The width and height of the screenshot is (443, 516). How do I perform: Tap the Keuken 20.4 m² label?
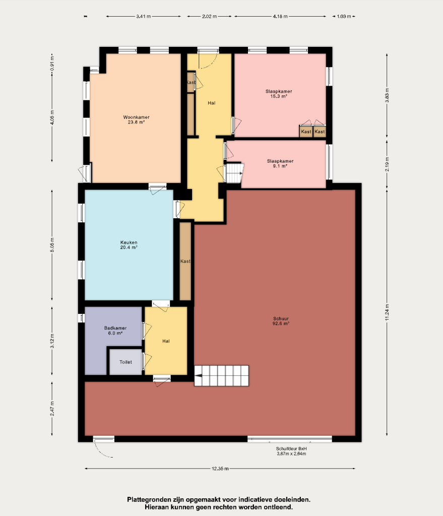[129, 245]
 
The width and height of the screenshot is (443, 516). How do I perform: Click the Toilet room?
[125, 362]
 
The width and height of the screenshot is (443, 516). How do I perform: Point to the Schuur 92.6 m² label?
[281, 321]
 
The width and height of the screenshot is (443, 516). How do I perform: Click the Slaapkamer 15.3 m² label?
[279, 94]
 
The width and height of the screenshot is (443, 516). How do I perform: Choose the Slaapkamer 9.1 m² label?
[280, 164]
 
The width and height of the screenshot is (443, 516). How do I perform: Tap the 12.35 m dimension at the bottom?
[220, 469]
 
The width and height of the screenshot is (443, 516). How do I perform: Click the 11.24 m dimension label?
[387, 312]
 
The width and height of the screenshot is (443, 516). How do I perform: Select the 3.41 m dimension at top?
[144, 16]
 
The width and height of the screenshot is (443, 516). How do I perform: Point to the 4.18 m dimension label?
[280, 16]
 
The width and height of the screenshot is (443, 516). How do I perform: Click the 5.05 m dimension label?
[52, 245]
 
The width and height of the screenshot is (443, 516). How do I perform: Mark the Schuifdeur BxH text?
[291, 448]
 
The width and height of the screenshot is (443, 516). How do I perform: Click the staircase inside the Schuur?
[222, 375]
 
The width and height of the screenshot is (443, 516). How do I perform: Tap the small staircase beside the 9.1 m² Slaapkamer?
[234, 173]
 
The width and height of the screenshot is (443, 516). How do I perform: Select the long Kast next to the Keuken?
[185, 262]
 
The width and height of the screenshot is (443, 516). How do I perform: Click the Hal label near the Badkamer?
[166, 341]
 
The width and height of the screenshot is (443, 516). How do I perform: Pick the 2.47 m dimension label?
[52, 408]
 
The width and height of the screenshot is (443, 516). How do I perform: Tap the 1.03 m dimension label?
[344, 16]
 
